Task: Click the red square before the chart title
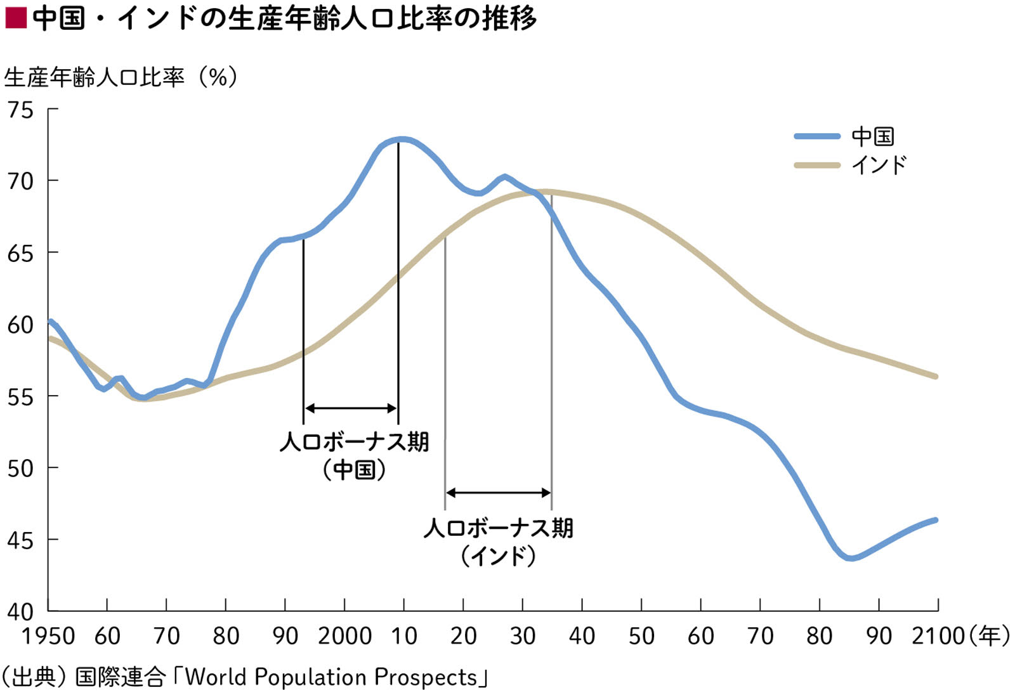point(15,18)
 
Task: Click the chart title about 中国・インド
point(284,18)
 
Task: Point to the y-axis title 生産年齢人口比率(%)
point(121,77)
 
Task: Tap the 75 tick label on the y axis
point(20,110)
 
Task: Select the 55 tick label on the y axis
point(20,398)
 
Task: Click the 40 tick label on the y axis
point(20,612)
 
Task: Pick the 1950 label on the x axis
point(48,636)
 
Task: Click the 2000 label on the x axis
point(344,636)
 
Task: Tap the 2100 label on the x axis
point(938,636)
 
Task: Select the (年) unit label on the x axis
point(990,635)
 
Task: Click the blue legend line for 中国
point(817,136)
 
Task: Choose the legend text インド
point(879,166)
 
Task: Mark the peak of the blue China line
point(400,139)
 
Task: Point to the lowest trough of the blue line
point(851,558)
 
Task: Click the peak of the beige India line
point(544,192)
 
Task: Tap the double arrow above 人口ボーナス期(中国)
point(351,408)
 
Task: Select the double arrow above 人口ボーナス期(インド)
point(499,493)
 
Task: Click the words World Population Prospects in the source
point(331,677)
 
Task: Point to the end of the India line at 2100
point(936,376)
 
